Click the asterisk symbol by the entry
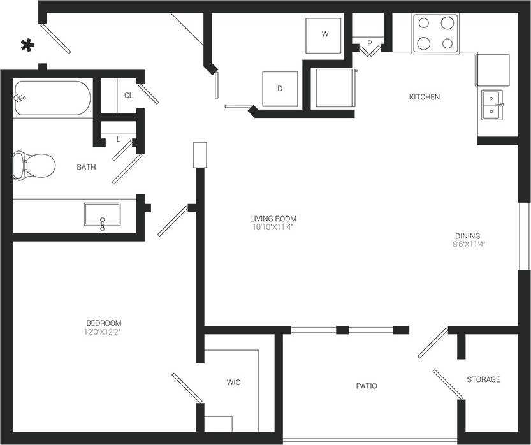pyautogui.click(x=27, y=45)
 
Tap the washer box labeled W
pyautogui.click(x=325, y=35)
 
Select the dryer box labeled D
pyautogui.click(x=280, y=89)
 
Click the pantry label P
pyautogui.click(x=369, y=44)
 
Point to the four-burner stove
pyautogui.click(x=435, y=33)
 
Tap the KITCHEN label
pyautogui.click(x=424, y=97)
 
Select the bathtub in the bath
pyautogui.click(x=51, y=98)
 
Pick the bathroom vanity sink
pyautogui.click(x=102, y=215)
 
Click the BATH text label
pyautogui.click(x=86, y=168)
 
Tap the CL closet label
pyautogui.click(x=129, y=96)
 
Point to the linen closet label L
pyautogui.click(x=119, y=139)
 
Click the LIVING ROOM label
pyautogui.click(x=273, y=219)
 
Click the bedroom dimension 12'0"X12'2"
pyautogui.click(x=103, y=332)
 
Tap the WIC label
pyautogui.click(x=233, y=383)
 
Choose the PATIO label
pyautogui.click(x=366, y=386)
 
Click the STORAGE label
pyautogui.click(x=483, y=379)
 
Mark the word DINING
pyautogui.click(x=467, y=235)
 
